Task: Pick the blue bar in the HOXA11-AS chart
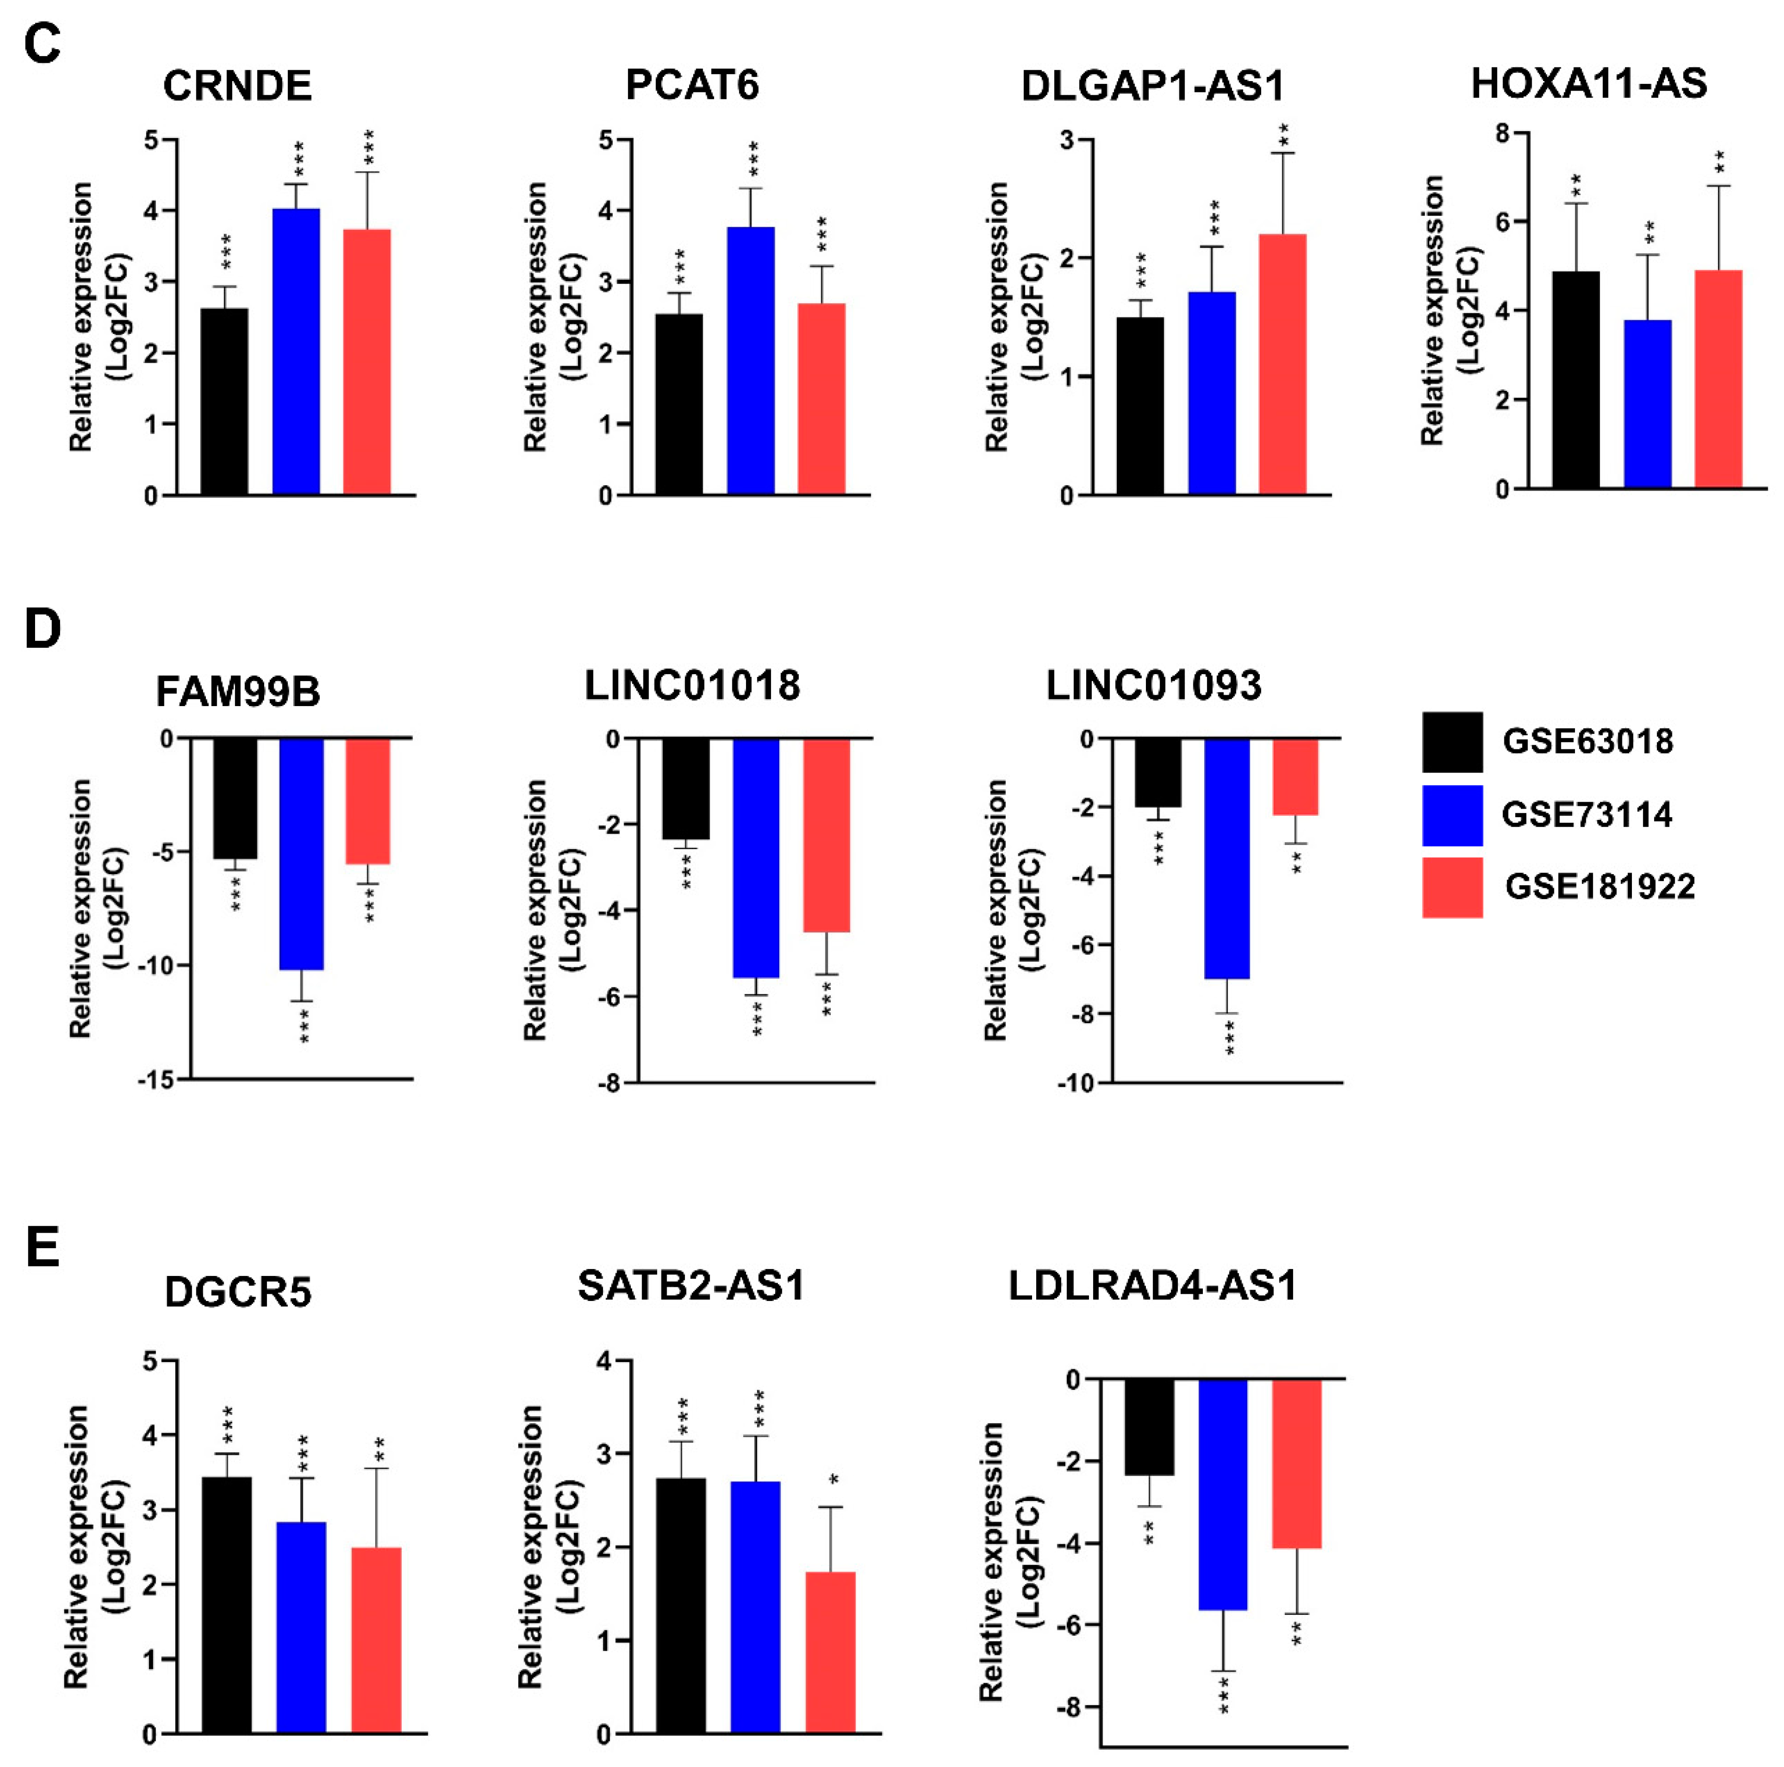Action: pos(1647,404)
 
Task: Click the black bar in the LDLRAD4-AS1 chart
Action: pos(1150,1427)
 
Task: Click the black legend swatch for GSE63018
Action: pos(1452,742)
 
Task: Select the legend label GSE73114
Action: pos(1586,814)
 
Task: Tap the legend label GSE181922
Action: pos(1600,887)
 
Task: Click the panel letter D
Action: pos(42,629)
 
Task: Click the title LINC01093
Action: pos(1153,686)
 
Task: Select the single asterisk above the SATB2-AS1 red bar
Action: pos(834,1480)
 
